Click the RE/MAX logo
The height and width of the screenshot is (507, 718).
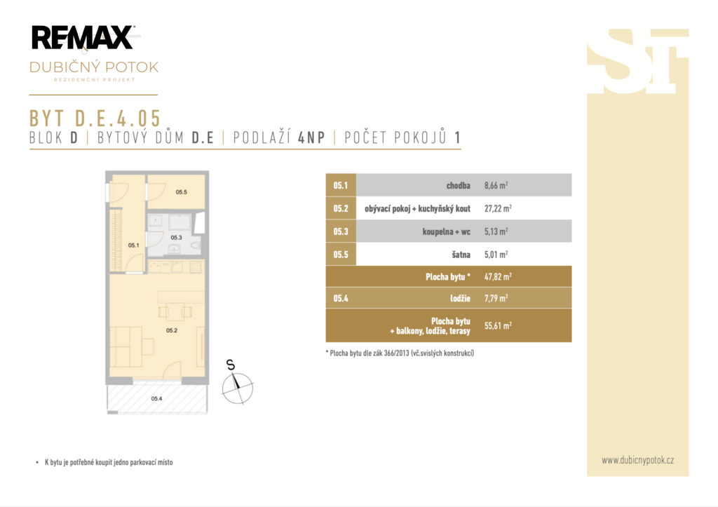click(x=83, y=38)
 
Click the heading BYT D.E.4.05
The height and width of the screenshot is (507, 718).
click(x=95, y=119)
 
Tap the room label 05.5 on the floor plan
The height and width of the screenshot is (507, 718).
click(x=182, y=192)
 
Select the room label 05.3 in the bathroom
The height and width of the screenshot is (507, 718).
click(x=176, y=238)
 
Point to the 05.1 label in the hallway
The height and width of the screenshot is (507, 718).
click(x=134, y=245)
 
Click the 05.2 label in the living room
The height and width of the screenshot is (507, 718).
click(x=172, y=330)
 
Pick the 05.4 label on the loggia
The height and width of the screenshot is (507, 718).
click(x=156, y=398)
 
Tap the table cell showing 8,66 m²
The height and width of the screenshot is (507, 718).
click(x=496, y=186)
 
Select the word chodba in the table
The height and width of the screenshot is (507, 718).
click(x=459, y=186)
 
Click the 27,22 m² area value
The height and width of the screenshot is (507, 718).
click(x=498, y=208)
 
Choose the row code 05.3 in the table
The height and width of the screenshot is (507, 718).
click(x=341, y=231)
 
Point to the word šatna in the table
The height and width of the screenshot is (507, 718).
click(x=461, y=254)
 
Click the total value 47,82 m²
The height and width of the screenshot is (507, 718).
click(x=498, y=276)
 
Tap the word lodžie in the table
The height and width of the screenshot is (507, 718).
click(x=460, y=298)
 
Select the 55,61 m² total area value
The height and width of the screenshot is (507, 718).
click(x=498, y=325)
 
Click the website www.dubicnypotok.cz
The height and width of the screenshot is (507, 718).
click(x=638, y=460)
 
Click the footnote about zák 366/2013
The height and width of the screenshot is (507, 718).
click(x=400, y=353)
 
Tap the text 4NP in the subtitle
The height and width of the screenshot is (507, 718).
click(x=311, y=137)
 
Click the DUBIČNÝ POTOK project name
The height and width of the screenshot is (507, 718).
click(x=94, y=67)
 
